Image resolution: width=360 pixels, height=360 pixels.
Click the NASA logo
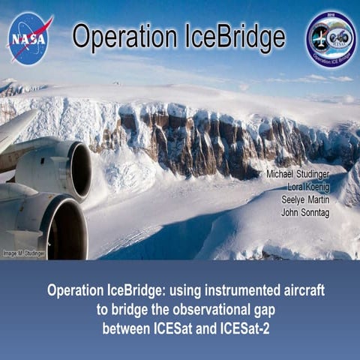pos(31,37)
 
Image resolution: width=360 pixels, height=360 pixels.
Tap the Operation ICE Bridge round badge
pos(330,38)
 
